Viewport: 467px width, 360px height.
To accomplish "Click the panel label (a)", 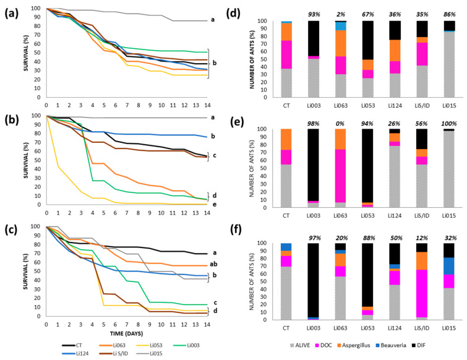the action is (x=12, y=14).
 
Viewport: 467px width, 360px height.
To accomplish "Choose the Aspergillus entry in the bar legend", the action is (x=354, y=345).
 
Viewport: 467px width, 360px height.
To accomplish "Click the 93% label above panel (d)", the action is (x=314, y=15).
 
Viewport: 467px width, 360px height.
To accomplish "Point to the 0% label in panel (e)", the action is (x=340, y=124).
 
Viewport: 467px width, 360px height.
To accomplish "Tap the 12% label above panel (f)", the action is (x=421, y=238).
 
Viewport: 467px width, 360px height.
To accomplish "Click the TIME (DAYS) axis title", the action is (x=126, y=333).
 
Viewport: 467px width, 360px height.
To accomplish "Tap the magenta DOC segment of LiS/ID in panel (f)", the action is (x=422, y=293).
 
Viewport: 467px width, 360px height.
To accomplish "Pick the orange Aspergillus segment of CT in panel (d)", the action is (x=286, y=32).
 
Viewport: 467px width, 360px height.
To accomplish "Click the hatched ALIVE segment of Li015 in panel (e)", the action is (x=449, y=169).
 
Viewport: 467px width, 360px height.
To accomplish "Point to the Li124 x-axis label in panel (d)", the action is (x=395, y=106).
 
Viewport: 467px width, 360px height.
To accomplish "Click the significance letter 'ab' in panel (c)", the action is (x=213, y=264).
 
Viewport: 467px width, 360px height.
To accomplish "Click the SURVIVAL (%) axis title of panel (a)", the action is (x=27, y=53).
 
